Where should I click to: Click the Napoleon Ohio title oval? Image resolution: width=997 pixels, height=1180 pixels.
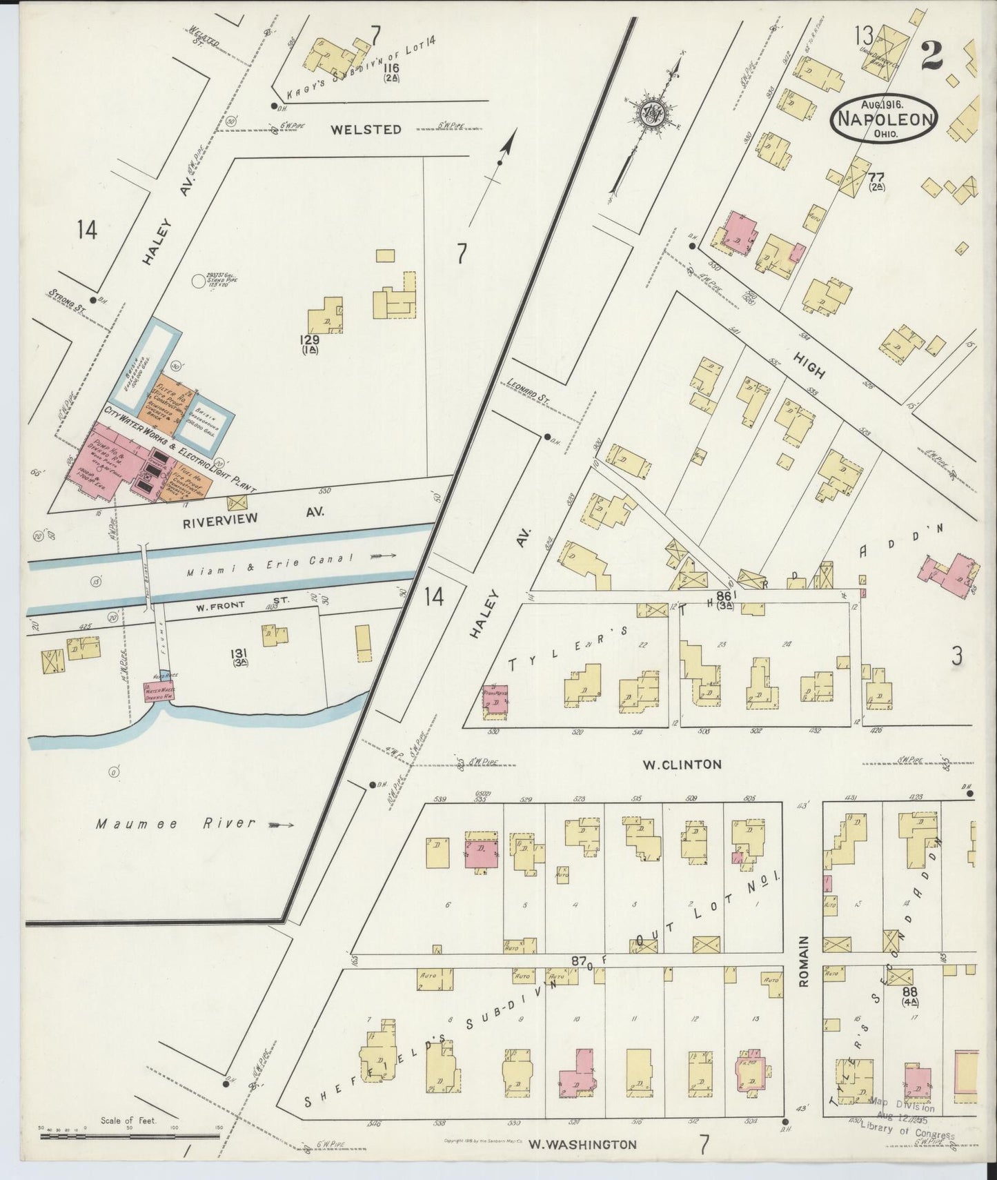[x=885, y=119]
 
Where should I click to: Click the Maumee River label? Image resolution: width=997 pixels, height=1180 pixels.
[x=175, y=823]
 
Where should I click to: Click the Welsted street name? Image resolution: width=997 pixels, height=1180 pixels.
[x=365, y=129]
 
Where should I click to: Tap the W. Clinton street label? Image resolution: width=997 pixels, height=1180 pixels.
[x=682, y=764]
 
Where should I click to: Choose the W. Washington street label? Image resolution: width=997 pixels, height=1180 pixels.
[x=582, y=1144]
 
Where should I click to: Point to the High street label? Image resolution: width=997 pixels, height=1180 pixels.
[x=809, y=363]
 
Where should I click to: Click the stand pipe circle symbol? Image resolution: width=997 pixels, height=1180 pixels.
[x=199, y=279]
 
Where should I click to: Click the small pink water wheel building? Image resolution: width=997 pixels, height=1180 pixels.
[x=157, y=691]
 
